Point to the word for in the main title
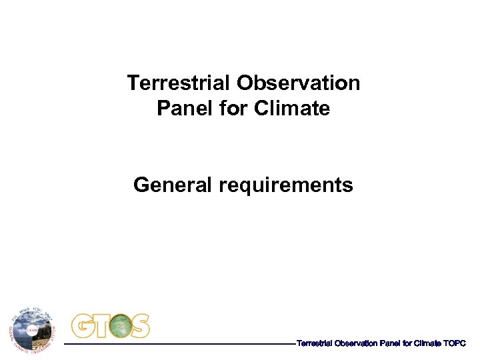(233, 108)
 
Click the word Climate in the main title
(292, 108)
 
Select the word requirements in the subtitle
(286, 185)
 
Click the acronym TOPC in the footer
(454, 343)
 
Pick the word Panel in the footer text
(389, 343)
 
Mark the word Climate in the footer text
(427, 343)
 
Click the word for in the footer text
(406, 343)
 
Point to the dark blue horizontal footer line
(180, 344)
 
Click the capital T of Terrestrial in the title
(132, 83)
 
